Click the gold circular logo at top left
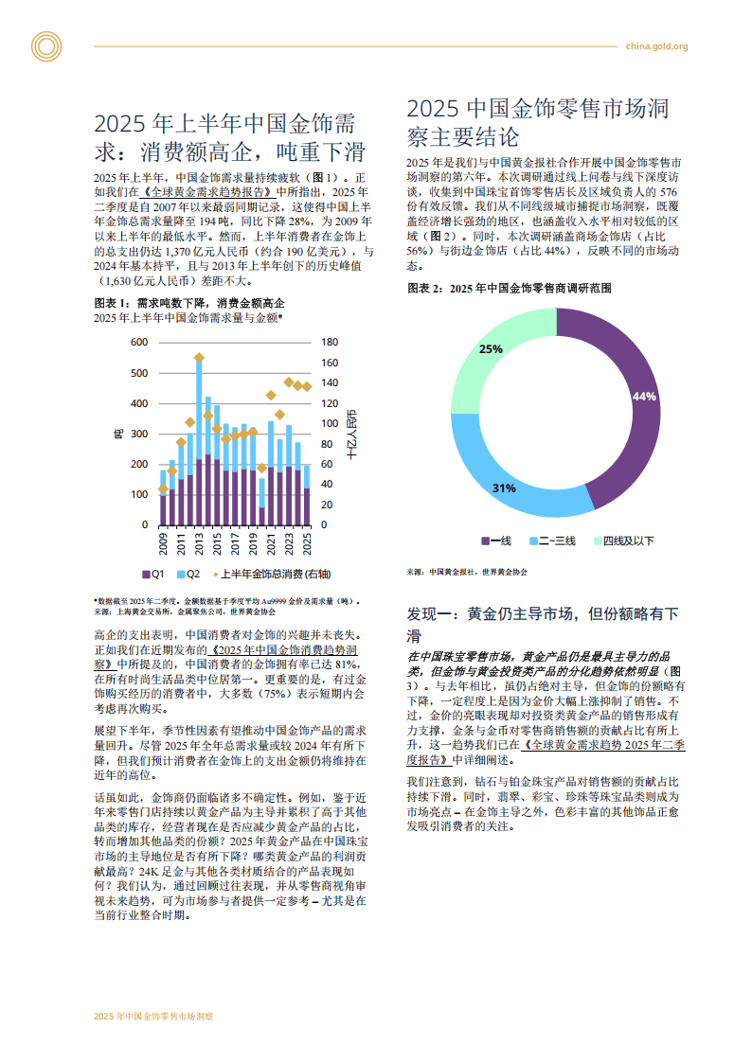(45, 45)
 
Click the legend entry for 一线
(496, 541)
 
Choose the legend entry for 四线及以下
(624, 541)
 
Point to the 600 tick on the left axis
(138, 342)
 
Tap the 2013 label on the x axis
(200, 546)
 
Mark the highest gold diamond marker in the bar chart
(199, 358)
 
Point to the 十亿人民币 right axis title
(351, 434)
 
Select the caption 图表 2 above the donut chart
(509, 287)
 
